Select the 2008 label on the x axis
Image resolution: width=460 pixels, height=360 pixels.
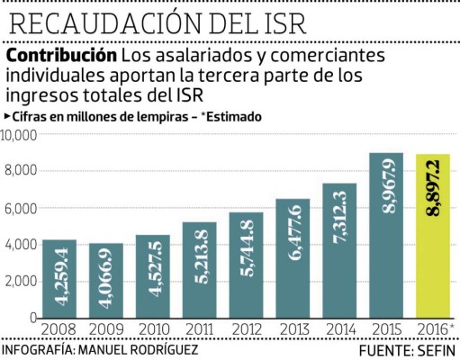tap(58, 329)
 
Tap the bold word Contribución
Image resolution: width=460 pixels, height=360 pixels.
tap(61, 57)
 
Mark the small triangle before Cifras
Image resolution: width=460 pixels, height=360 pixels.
tap(7, 117)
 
